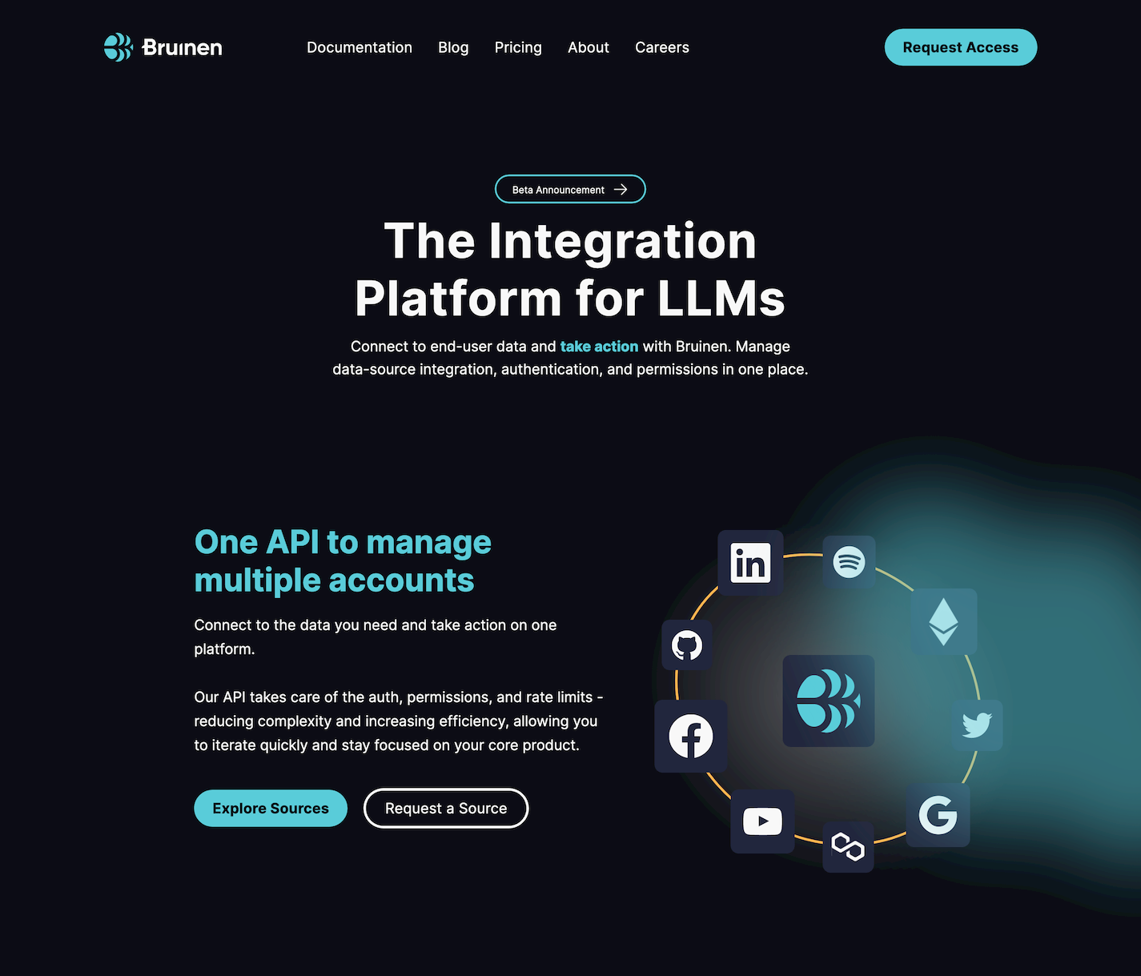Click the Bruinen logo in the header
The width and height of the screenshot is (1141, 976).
[163, 47]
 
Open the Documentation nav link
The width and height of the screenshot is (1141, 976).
[360, 47]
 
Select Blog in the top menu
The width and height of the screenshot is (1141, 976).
[453, 47]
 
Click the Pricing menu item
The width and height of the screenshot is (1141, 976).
[518, 47]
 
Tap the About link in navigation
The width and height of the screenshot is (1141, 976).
[589, 47]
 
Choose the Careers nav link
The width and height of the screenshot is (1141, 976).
[662, 47]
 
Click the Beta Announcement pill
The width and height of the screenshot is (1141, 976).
[570, 189]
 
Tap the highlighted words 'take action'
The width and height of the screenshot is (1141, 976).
[599, 347]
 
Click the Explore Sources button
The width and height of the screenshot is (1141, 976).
[271, 809]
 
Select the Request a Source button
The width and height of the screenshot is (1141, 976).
[446, 809]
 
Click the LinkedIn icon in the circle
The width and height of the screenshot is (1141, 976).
[750, 563]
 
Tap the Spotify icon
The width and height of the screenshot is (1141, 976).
[849, 562]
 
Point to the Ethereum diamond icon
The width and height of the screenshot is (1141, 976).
[944, 622]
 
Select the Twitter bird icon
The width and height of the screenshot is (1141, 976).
[977, 725]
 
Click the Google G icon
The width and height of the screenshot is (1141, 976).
[938, 815]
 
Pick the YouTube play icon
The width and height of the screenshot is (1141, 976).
[762, 821]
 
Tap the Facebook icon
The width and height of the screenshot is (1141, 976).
[691, 737]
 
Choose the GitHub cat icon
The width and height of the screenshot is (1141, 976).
[687, 645]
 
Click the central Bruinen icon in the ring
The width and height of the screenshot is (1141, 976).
[829, 701]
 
